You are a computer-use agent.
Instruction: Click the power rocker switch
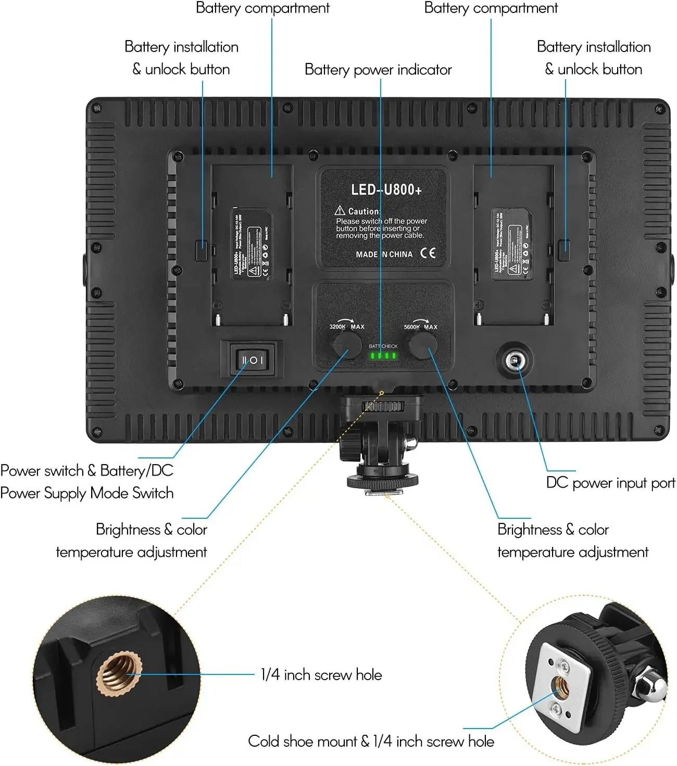[x=252, y=360]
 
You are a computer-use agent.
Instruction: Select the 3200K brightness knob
[x=347, y=344]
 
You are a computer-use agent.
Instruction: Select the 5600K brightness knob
[x=422, y=344]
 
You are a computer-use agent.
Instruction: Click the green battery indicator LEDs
[x=383, y=356]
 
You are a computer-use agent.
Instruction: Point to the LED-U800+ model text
[x=386, y=189]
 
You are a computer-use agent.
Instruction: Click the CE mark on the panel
[x=428, y=253]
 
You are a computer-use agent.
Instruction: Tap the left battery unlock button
[x=201, y=250]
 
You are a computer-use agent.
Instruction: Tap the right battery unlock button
[x=564, y=250]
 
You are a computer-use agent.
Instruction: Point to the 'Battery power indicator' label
[x=378, y=70]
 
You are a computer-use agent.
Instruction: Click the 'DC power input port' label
[x=610, y=483]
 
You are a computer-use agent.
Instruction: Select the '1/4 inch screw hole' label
[x=321, y=675]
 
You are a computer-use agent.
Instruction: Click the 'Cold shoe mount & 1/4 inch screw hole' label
[x=371, y=741]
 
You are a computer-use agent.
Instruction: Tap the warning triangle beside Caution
[x=340, y=210]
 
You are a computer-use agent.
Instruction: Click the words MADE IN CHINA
[x=384, y=254]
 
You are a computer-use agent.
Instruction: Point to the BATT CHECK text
[x=383, y=346]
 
